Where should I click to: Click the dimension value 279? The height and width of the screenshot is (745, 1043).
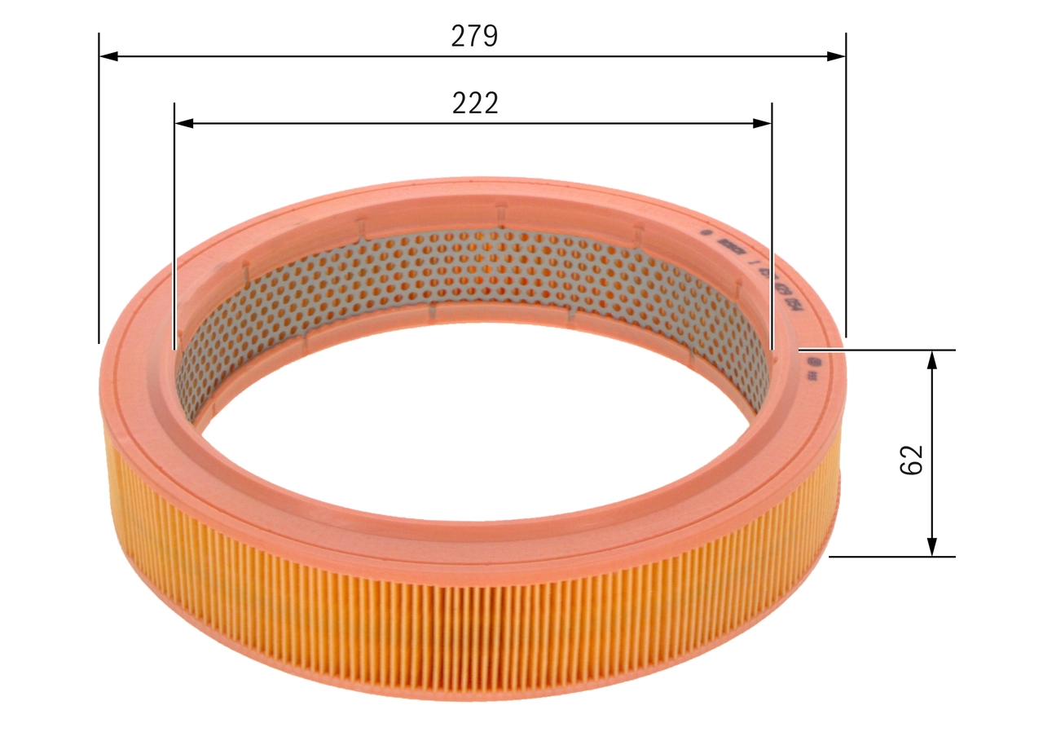click(474, 36)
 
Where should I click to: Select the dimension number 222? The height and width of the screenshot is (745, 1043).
click(474, 103)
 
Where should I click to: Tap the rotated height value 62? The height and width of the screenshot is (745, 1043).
click(911, 459)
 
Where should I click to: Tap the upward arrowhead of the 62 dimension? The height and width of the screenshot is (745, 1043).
click(933, 360)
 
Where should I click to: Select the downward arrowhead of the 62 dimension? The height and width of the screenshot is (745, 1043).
click(933, 547)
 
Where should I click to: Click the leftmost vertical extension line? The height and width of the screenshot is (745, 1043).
click(99, 187)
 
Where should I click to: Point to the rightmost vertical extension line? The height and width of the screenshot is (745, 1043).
click(846, 187)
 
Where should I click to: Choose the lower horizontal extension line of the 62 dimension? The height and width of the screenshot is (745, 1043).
click(891, 558)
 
